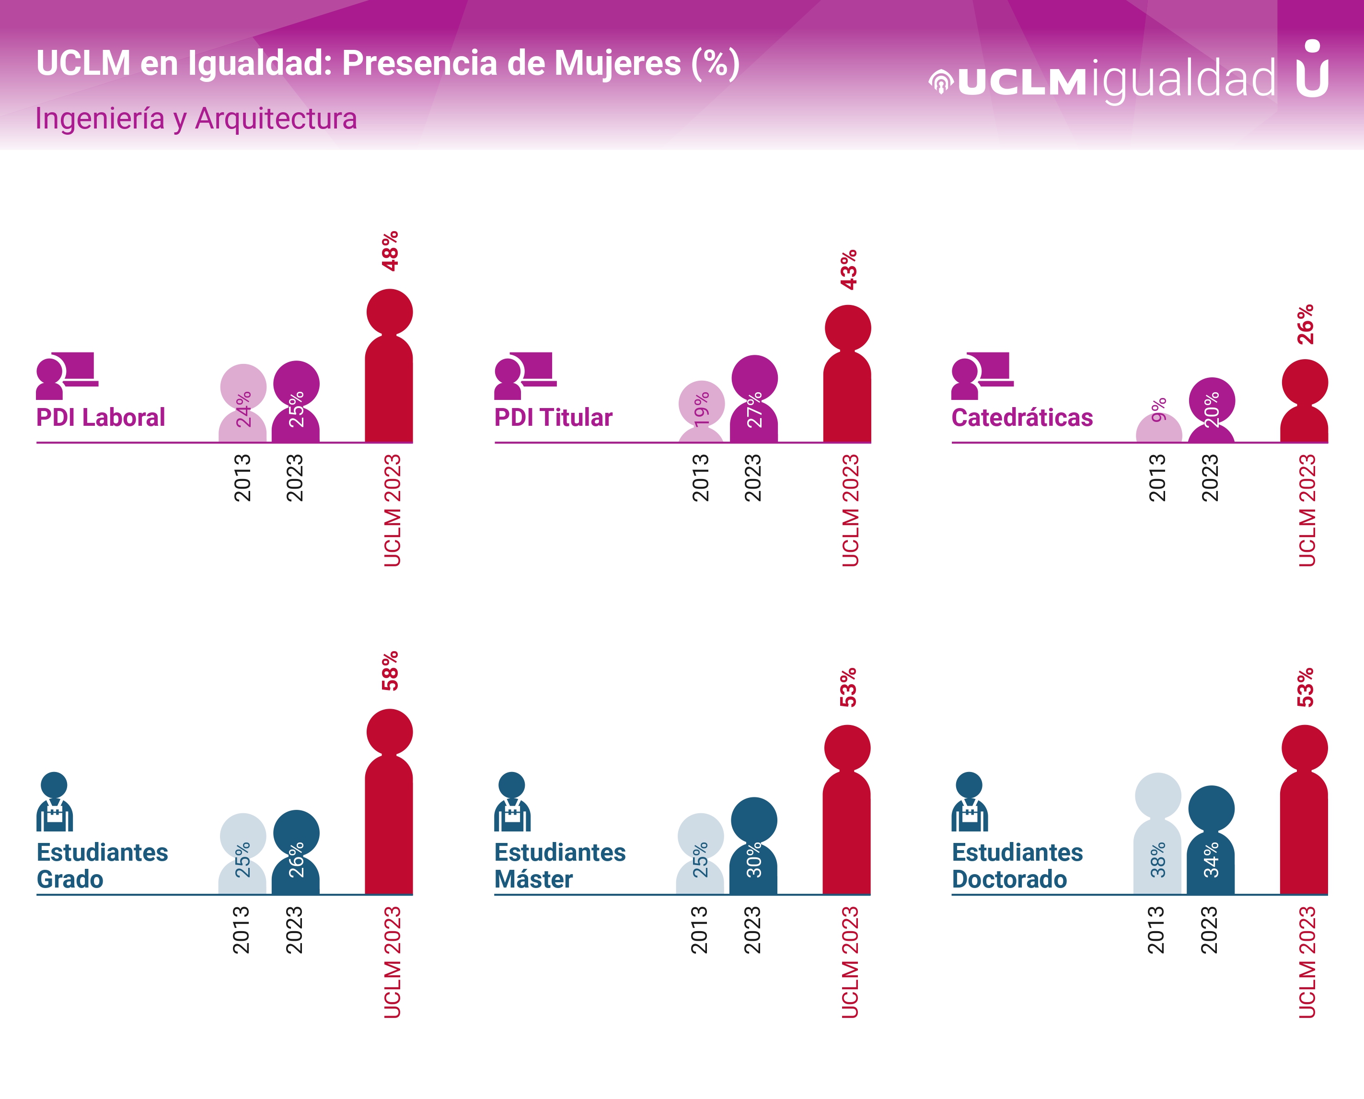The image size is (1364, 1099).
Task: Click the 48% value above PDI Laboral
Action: click(390, 251)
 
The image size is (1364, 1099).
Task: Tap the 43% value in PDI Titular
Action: click(848, 269)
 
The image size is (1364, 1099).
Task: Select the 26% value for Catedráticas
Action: click(1305, 324)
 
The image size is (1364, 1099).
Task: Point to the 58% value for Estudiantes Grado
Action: click(390, 670)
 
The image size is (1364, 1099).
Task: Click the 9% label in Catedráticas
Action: click(1158, 409)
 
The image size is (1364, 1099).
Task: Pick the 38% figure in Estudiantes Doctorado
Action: click(1158, 859)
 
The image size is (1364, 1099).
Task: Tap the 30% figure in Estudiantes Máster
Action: click(753, 859)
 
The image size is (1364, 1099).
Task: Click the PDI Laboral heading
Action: click(101, 417)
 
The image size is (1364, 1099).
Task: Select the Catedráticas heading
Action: click(1022, 417)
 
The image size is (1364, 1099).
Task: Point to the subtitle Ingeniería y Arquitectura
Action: click(196, 118)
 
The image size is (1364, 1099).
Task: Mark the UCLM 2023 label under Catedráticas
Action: click(1306, 510)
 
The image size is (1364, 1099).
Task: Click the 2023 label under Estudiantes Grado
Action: click(294, 929)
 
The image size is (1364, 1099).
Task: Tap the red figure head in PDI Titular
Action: click(848, 328)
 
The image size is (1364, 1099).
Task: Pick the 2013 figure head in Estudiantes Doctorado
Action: click(1158, 795)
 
